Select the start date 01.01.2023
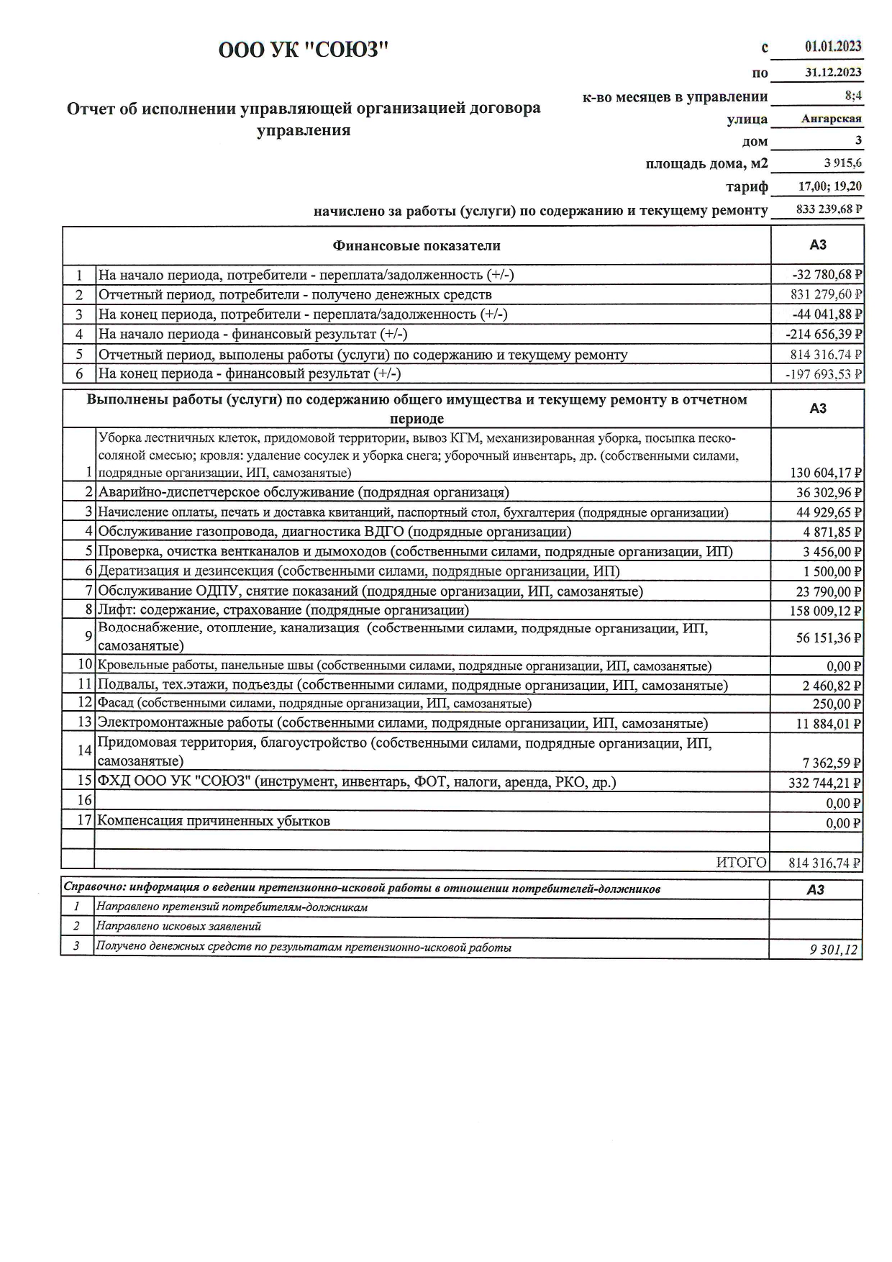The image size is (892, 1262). point(833,47)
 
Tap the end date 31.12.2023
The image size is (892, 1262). point(833,72)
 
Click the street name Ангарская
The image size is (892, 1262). point(832,119)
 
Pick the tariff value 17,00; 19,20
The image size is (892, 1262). point(830,186)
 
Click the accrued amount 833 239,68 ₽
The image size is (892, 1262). point(829,209)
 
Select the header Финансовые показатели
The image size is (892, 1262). point(416,246)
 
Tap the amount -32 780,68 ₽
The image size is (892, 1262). point(827,274)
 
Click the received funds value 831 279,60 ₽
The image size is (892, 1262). point(826,294)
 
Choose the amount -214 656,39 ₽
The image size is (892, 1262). point(824,334)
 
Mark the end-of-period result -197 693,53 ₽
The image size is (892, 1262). point(824,373)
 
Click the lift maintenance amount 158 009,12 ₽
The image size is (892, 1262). point(826,612)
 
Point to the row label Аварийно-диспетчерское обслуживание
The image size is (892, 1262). point(303,492)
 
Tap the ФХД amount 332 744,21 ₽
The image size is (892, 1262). point(825,783)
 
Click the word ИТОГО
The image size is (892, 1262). point(741,863)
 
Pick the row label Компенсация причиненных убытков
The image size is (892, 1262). point(214,821)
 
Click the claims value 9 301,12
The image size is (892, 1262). point(834,950)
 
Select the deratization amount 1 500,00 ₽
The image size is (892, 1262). point(832,571)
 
